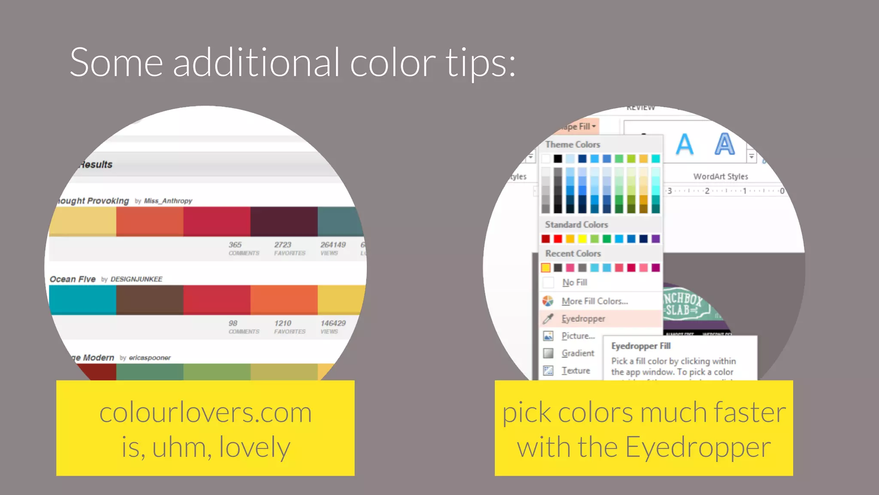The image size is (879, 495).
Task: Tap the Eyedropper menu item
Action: (583, 319)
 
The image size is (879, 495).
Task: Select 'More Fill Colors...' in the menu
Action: (594, 301)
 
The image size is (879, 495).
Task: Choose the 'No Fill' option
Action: (574, 282)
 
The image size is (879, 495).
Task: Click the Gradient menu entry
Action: (578, 353)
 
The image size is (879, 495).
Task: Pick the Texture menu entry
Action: (576, 370)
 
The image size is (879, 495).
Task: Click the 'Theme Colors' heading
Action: (573, 145)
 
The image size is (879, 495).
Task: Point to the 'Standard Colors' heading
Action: (576, 225)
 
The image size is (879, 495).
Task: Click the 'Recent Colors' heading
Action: (573, 254)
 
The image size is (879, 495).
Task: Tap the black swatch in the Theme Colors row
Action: (558, 159)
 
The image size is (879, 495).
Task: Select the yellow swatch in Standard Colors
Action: (582, 239)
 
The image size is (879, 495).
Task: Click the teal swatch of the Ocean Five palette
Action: (82, 299)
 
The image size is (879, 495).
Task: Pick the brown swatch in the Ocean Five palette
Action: (149, 299)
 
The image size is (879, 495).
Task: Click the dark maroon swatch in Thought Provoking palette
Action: (284, 221)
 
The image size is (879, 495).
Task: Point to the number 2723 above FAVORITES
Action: (283, 244)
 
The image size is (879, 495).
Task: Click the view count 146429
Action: (333, 323)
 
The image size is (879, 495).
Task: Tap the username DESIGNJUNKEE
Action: (136, 279)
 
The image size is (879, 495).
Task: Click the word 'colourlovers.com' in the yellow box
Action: (206, 412)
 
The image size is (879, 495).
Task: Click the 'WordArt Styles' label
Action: (721, 177)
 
